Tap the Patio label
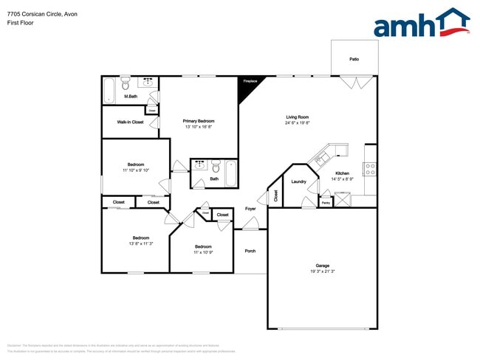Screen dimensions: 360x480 click(354, 59)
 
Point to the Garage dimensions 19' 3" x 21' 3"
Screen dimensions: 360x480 click(322, 271)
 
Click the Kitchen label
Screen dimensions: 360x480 click(341, 173)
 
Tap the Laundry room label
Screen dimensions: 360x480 click(299, 181)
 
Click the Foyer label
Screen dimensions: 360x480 click(250, 209)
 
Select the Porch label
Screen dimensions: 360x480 click(250, 251)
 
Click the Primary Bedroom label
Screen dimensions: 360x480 click(199, 121)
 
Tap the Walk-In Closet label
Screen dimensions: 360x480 click(130, 122)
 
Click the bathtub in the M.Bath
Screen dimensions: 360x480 click(110, 91)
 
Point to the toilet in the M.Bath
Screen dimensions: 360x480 click(126, 83)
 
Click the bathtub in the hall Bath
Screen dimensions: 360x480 click(230, 174)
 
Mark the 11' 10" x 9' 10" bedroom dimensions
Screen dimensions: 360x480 click(136, 170)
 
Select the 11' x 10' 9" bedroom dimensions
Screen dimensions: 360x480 click(203, 252)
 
